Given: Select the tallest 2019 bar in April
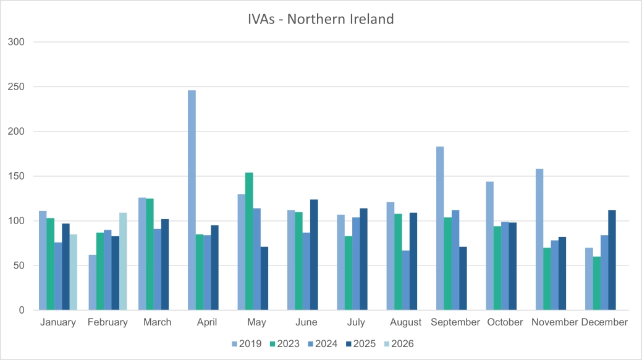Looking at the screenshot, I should [x=192, y=200].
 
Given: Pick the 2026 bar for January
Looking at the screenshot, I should [x=73, y=272].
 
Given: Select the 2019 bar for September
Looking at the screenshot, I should [x=440, y=228].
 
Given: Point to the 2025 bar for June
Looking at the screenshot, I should [x=314, y=255].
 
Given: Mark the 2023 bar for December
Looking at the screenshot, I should [x=597, y=283].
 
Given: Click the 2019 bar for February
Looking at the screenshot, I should [x=93, y=282].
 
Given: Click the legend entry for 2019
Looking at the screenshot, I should [x=247, y=344].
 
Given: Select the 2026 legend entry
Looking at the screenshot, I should [x=397, y=344].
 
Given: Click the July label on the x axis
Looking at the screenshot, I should [x=356, y=322].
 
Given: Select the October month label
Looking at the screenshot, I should [x=505, y=322].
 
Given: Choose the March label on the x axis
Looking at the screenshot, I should [x=157, y=322].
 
